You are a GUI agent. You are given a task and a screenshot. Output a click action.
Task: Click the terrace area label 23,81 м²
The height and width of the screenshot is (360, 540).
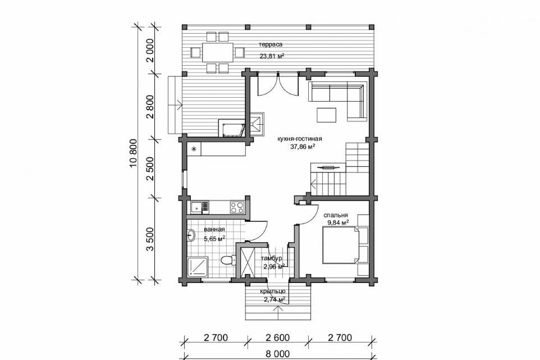point(271,56)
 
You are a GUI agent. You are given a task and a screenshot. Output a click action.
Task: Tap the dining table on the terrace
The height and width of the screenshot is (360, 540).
point(218,52)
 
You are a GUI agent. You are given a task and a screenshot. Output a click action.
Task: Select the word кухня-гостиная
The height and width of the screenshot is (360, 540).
point(300,139)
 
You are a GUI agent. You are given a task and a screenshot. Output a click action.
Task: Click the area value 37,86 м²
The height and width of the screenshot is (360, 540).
point(302,147)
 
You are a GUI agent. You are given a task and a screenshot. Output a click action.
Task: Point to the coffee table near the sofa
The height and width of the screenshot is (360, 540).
point(326,115)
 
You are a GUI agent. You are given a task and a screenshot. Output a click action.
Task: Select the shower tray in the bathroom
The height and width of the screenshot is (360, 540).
point(198,267)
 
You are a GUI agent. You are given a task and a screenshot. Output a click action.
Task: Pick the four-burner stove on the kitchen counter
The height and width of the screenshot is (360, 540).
point(237,207)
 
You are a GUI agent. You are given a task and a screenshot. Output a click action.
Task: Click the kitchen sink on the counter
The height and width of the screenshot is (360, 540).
point(200,207)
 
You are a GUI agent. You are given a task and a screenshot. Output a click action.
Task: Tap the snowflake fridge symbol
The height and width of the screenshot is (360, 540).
point(193,149)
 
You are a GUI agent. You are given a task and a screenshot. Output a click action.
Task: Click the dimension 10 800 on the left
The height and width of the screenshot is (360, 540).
point(133,153)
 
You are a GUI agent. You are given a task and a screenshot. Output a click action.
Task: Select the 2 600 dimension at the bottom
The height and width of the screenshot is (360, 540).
point(278,338)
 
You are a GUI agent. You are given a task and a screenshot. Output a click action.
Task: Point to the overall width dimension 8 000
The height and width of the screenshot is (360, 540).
point(278,354)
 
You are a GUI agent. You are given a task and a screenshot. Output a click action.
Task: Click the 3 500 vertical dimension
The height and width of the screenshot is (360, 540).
point(150,239)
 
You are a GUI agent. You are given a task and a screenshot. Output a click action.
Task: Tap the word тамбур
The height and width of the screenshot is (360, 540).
point(271,258)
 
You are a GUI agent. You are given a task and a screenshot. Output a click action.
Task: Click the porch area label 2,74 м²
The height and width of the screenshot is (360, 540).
point(274,300)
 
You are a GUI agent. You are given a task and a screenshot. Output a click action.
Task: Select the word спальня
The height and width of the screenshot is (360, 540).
point(336,215)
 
